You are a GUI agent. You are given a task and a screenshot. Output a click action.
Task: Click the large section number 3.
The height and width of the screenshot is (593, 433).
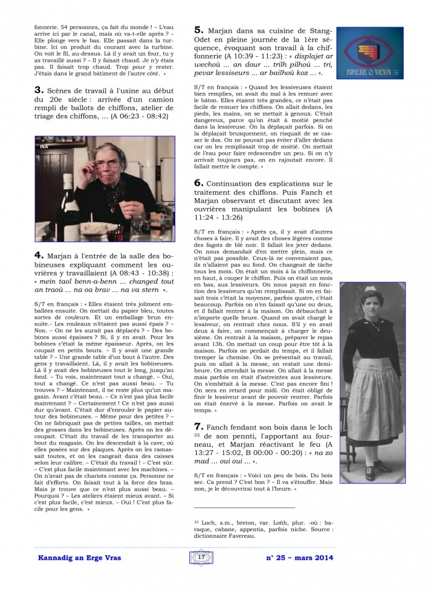[x=38, y=90]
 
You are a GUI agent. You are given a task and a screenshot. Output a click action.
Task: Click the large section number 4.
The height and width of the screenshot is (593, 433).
[x=38, y=254]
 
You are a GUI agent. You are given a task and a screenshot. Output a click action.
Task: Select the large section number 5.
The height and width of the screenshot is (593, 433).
[x=199, y=30]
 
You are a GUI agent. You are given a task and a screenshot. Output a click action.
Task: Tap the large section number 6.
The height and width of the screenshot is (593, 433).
[x=199, y=183]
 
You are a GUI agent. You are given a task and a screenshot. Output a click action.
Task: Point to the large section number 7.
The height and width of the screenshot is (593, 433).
[x=199, y=426]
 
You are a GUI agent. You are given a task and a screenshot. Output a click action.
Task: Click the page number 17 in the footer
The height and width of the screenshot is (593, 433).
[x=201, y=557]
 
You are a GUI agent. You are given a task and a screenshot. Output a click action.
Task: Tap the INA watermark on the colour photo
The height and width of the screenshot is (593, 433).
[x=45, y=146]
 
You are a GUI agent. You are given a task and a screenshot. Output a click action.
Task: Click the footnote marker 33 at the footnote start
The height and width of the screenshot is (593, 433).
[x=197, y=521]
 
